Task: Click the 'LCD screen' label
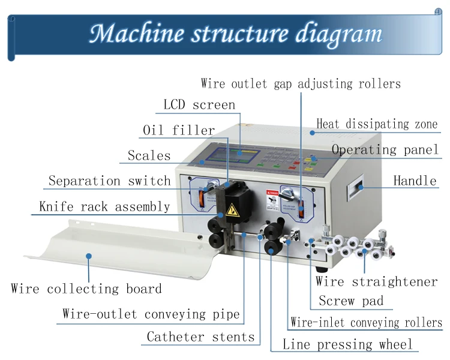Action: coord(199,105)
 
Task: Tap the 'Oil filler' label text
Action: coord(178,130)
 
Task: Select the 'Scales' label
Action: coord(149,156)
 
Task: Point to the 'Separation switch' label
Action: coord(109,181)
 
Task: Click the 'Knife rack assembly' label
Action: coord(104,207)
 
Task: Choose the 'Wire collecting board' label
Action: coord(86,289)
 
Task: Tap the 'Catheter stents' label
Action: coord(200,337)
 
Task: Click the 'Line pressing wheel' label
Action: coord(347,345)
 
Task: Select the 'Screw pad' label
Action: coord(351,301)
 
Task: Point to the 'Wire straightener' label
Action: coord(377,282)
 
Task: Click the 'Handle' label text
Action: coord(415,181)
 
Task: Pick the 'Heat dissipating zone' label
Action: coord(377,125)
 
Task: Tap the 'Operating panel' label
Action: coord(385,150)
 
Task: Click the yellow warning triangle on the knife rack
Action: coord(232,211)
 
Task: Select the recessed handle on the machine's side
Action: coord(359,188)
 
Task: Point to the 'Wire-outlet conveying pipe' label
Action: coord(151,314)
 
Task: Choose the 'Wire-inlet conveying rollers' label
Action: coord(366,323)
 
